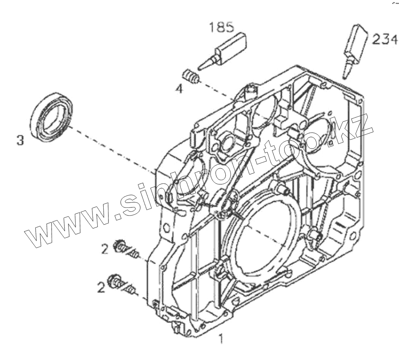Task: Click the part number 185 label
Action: pyautogui.click(x=221, y=28)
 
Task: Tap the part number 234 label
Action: pyautogui.click(x=385, y=39)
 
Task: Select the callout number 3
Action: pyautogui.click(x=20, y=140)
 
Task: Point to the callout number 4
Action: pyautogui.click(x=179, y=88)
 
